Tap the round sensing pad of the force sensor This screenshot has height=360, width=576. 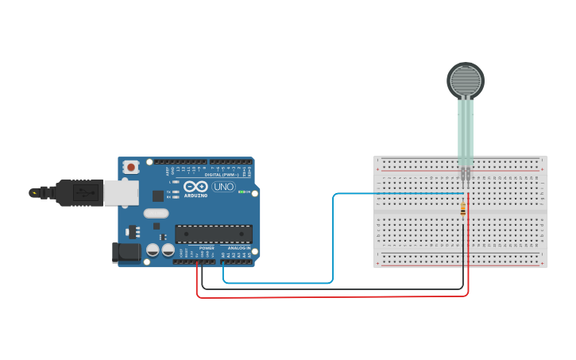point(466,80)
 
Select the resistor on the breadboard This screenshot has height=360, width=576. point(463,209)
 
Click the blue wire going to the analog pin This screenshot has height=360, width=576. point(333,238)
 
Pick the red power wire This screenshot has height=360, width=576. point(334,296)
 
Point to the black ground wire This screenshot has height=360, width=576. point(334,288)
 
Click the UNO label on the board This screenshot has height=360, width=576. point(223,187)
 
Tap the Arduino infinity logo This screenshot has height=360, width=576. point(195,187)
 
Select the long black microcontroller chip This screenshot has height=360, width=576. point(214,234)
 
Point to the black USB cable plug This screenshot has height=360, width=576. point(79,192)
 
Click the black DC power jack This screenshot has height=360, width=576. point(125,253)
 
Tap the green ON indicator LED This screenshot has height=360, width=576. point(242,192)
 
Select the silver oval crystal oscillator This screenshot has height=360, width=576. point(156,213)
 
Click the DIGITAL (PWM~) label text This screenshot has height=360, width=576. point(222,175)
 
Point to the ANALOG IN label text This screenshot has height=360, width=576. point(238,249)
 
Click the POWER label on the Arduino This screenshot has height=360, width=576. point(207,249)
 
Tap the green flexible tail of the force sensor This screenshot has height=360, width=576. point(465,131)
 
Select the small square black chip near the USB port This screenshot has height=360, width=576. point(157,195)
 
